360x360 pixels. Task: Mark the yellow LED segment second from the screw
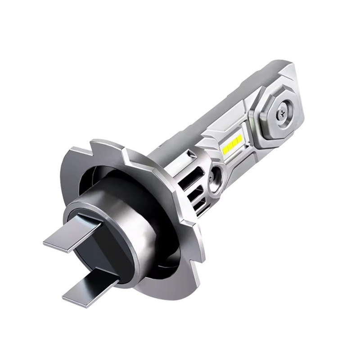(234, 142)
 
